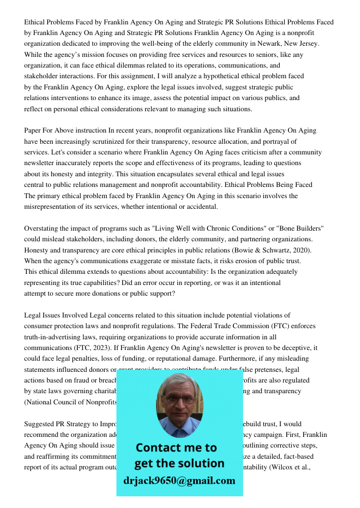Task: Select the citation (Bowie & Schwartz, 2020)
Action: click(x=268, y=250)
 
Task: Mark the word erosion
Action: click(x=243, y=261)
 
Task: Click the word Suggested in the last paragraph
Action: click(x=40, y=424)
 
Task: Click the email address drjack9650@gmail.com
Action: click(x=179, y=481)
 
